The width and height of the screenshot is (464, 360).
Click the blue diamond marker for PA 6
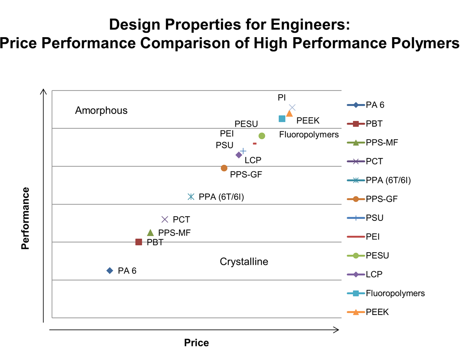coord(110,270)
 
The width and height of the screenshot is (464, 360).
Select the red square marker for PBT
coord(139,242)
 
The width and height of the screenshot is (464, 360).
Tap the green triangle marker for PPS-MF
coord(151,233)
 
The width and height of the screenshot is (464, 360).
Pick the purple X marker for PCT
coord(165,219)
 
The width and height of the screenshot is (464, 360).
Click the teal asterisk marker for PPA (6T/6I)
coord(191,197)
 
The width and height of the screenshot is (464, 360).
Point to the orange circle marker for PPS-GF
coord(224,168)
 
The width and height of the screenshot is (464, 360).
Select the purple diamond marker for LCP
coord(238,155)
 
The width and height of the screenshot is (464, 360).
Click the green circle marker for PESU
coord(261,136)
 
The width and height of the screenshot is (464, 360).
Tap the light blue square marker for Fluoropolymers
coord(282,119)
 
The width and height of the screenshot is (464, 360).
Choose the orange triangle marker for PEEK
coord(290,113)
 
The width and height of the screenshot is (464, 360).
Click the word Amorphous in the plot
coord(101,111)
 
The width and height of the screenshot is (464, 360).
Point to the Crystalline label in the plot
coord(244,261)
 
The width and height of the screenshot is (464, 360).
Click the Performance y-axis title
coord(26,218)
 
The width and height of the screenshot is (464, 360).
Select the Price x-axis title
coord(196,343)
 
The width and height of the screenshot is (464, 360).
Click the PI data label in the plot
coord(282,97)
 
